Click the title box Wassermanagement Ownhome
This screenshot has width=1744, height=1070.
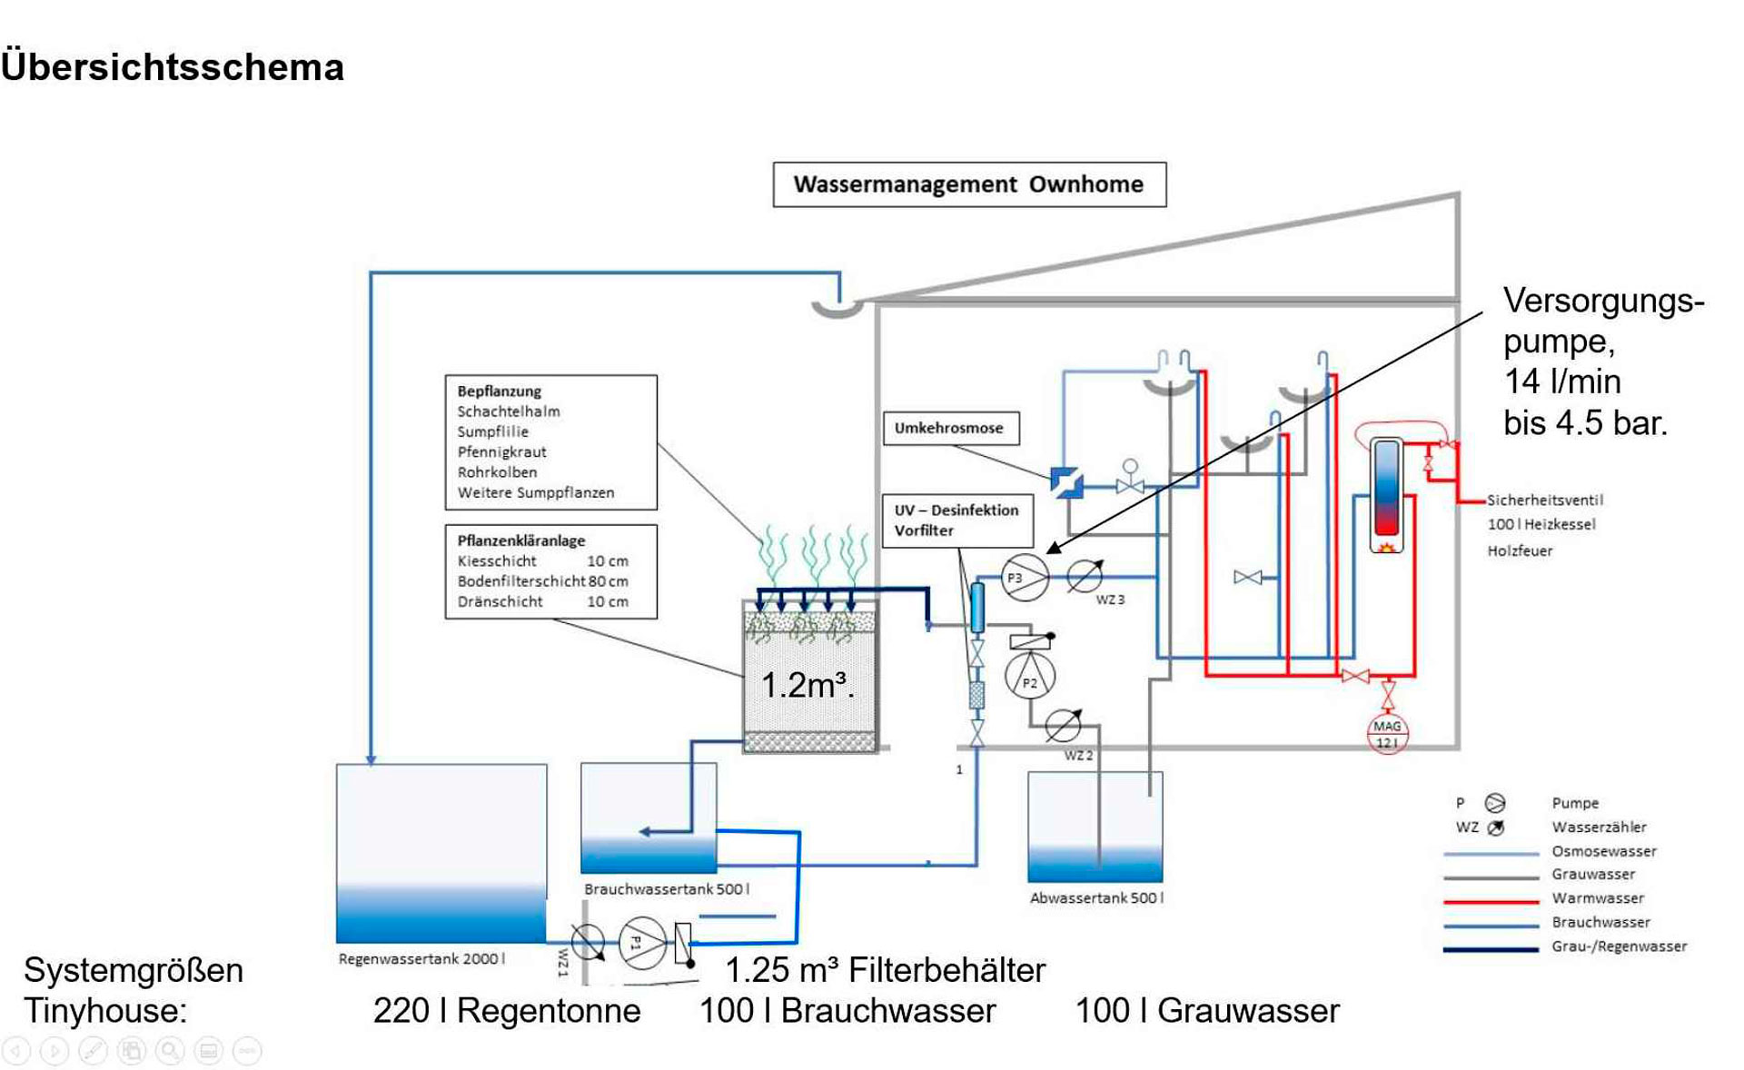click(x=969, y=184)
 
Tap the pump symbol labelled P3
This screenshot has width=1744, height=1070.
click(x=1025, y=578)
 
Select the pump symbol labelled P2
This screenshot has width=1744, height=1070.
click(x=1030, y=677)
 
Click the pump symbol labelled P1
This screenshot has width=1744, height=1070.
click(x=642, y=943)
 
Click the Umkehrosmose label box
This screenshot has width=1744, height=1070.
click(x=950, y=428)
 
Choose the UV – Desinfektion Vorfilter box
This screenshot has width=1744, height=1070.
click(x=956, y=520)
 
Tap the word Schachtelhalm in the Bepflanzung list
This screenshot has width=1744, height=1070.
click(x=509, y=411)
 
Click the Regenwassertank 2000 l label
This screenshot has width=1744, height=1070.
click(x=421, y=959)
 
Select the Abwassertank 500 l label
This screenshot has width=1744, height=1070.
click(x=1096, y=898)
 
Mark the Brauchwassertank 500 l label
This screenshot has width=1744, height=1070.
click(x=667, y=889)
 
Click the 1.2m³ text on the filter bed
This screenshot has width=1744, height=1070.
click(x=807, y=686)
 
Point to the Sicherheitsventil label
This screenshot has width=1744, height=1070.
click(x=1544, y=500)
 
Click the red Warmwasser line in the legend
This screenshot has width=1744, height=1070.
click(x=1491, y=901)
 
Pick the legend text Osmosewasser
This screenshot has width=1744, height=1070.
click(x=1604, y=852)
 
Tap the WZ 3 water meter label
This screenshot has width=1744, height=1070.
click(x=1110, y=600)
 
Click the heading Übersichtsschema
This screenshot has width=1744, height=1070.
click(x=173, y=68)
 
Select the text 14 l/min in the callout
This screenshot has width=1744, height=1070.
click(x=1562, y=382)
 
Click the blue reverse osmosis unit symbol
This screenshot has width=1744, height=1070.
click(x=1066, y=482)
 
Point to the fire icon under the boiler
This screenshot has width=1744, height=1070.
click(x=1386, y=548)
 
